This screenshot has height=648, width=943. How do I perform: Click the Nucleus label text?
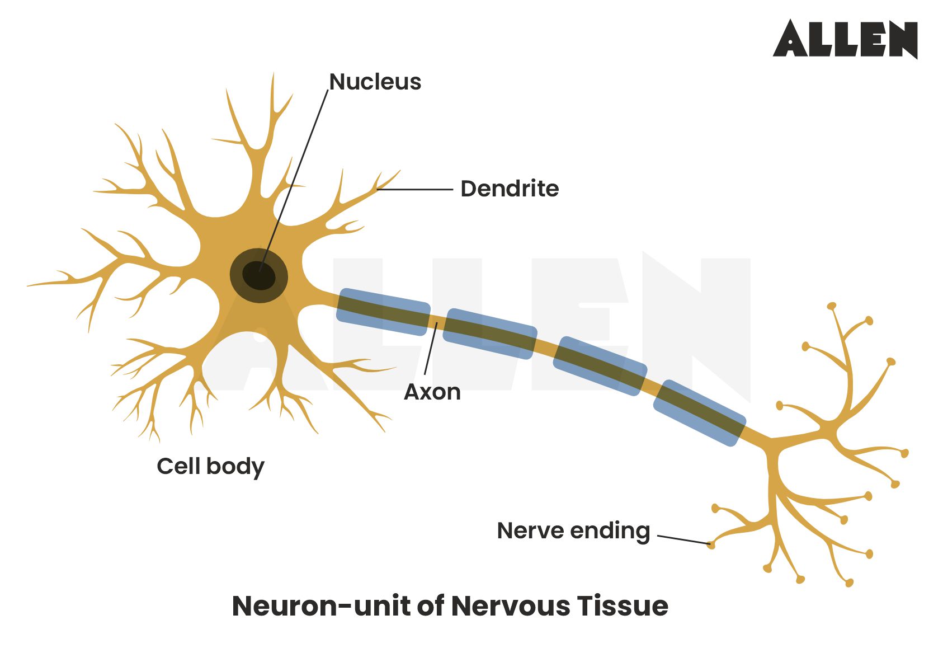click(375, 82)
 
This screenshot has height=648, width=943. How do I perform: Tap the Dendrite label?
click(509, 189)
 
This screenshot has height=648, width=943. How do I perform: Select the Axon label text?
click(432, 392)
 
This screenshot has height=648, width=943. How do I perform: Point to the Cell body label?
click(210, 466)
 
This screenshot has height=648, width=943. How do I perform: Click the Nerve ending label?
click(573, 530)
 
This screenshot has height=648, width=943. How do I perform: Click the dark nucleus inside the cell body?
click(259, 275)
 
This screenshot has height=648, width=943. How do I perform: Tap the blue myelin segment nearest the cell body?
click(383, 312)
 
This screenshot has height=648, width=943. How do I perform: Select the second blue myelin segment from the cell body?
click(489, 333)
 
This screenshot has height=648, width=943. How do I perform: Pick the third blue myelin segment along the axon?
click(600, 366)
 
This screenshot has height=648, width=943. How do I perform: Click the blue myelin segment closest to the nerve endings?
click(699, 412)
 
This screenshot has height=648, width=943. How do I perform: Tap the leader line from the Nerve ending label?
click(683, 539)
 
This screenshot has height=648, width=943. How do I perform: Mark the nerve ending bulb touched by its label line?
click(711, 544)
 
